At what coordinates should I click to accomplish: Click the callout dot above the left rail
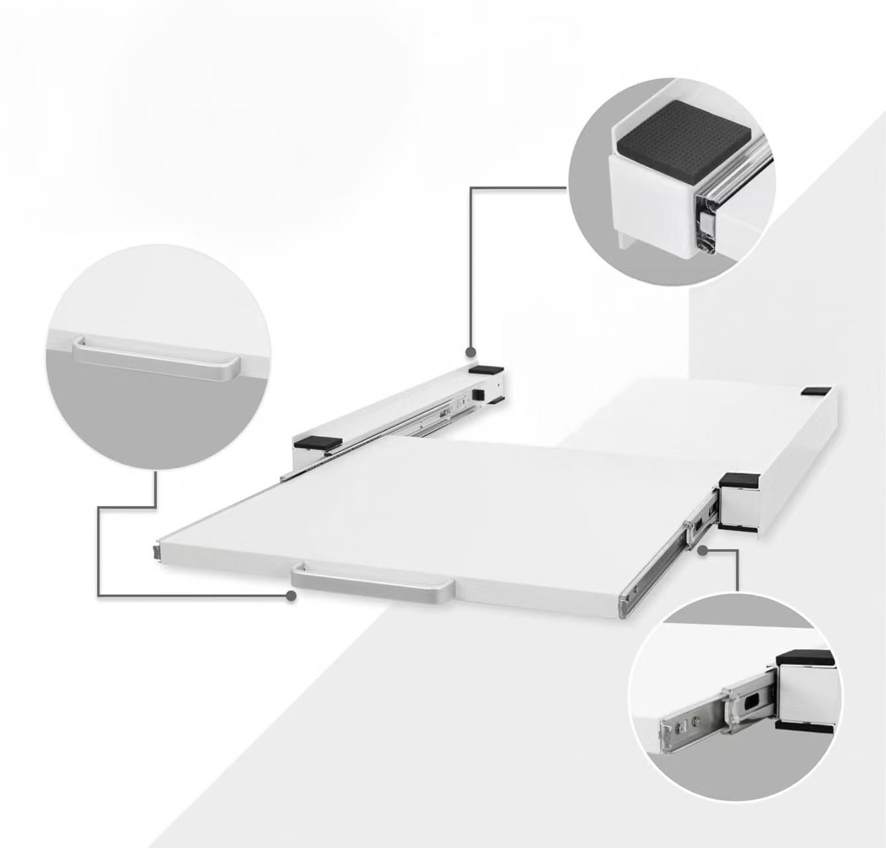coord(471,352)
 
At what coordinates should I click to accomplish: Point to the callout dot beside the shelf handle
coord(290,595)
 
